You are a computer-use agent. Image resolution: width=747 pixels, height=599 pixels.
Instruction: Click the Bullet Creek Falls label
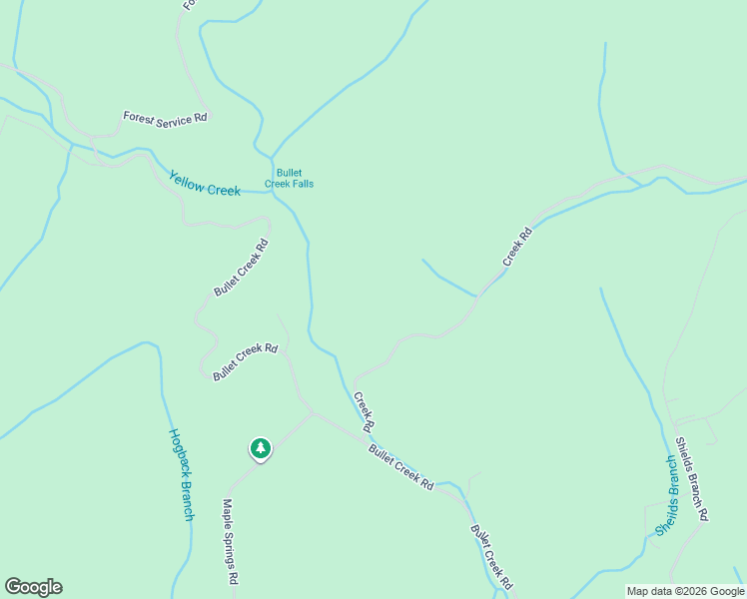[289, 178]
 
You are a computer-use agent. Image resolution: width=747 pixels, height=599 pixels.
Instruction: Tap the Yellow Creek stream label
[205, 182]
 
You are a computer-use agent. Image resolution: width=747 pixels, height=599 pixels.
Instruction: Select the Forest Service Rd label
[165, 117]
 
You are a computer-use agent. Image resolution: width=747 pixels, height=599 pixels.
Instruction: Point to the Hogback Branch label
[181, 474]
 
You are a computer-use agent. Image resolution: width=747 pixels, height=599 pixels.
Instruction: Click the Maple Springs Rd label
[231, 542]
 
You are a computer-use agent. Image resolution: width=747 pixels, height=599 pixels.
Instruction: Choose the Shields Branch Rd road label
[692, 478]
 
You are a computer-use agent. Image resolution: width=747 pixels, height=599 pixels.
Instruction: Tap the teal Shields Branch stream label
[666, 495]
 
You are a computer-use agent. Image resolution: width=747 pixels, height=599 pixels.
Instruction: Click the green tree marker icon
[261, 448]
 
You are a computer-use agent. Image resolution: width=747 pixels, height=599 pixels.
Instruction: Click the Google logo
[33, 587]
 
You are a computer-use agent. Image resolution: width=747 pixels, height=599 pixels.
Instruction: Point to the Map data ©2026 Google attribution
[685, 591]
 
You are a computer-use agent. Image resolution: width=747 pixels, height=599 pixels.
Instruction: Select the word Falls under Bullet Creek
[301, 184]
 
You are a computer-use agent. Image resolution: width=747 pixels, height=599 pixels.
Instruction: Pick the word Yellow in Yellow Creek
[186, 178]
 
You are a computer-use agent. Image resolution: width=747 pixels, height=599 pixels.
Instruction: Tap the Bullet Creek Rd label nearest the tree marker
[245, 362]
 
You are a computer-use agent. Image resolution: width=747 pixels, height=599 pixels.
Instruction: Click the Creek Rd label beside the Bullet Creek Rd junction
[364, 411]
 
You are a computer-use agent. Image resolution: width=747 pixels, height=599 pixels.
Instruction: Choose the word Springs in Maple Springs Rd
[231, 543]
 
